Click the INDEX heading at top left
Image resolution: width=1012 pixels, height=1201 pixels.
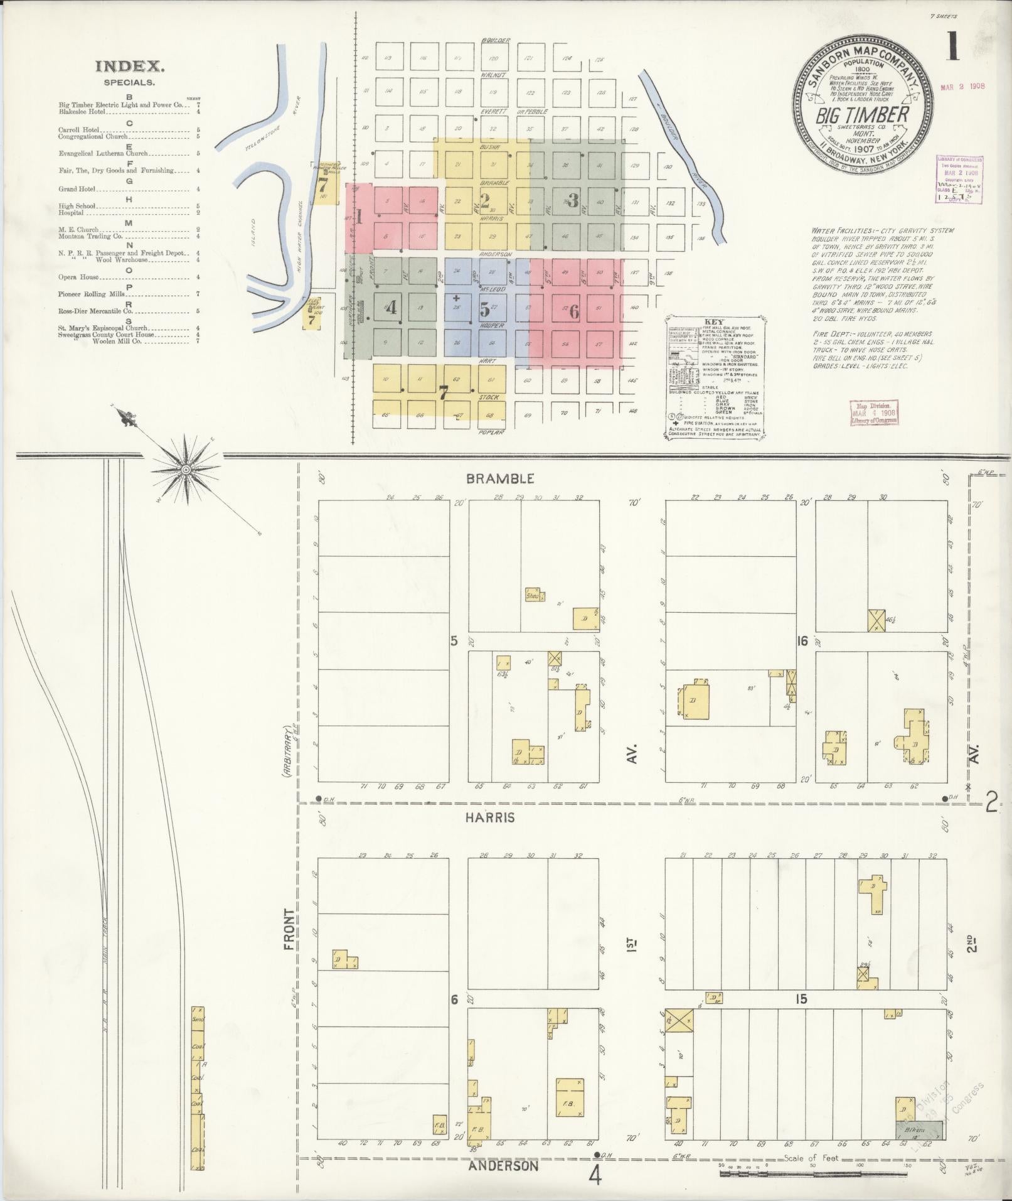[130, 66]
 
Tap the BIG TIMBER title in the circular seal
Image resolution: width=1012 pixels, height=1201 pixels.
[862, 115]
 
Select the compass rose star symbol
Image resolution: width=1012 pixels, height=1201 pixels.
[186, 470]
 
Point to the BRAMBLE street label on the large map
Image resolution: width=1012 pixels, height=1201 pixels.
[500, 478]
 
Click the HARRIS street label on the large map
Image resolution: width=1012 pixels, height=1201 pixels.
[490, 817]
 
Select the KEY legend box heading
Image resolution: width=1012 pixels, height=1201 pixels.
[714, 321]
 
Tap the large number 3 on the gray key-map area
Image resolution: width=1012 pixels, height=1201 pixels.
[572, 200]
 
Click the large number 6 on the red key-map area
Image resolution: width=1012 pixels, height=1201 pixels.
[573, 311]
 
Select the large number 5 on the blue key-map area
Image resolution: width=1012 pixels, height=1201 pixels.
[484, 309]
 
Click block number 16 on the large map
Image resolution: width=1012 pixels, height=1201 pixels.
[801, 640]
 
